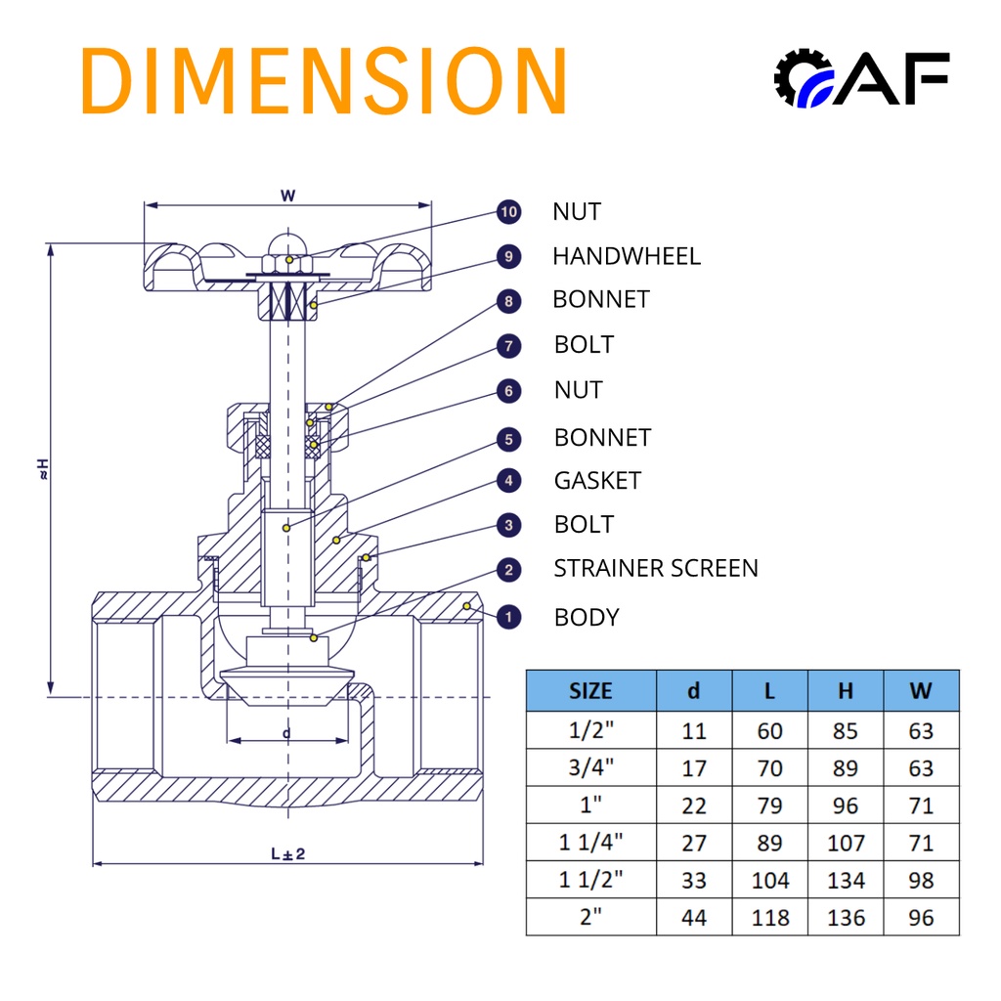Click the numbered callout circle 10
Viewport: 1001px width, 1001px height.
coord(508,212)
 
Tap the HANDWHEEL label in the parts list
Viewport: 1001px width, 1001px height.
coord(626,256)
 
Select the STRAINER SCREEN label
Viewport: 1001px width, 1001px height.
coord(655,568)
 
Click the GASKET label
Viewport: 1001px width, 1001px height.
coord(597,481)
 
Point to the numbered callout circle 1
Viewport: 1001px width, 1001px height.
coord(508,617)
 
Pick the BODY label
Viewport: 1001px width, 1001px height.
coord(587,618)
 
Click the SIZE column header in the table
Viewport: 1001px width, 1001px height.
coord(590,691)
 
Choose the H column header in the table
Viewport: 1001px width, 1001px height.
coord(846,691)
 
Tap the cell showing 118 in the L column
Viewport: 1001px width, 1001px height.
coord(770,918)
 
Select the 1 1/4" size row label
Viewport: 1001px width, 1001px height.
coord(590,843)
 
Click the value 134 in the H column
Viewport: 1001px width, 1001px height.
coord(846,881)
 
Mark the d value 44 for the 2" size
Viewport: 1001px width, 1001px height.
coord(694,918)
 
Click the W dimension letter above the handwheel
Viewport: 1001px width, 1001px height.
coord(287,196)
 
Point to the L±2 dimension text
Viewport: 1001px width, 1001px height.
coord(288,853)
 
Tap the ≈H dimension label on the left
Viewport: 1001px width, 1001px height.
coord(42,468)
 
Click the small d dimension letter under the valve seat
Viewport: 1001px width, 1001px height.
coord(286,732)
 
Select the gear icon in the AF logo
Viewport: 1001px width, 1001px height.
coord(800,77)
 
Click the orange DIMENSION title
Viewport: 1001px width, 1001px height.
coord(325,80)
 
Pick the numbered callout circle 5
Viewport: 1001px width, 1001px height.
coord(508,439)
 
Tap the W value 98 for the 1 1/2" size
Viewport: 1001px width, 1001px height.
coord(921,881)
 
